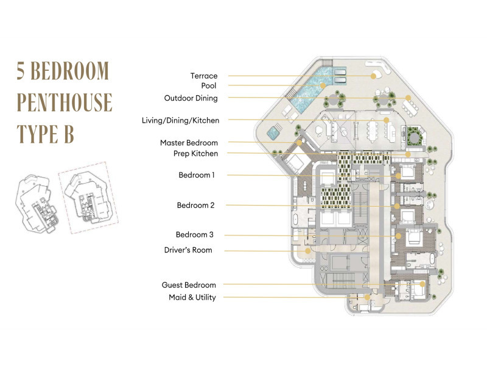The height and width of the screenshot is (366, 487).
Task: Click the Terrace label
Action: [204, 76]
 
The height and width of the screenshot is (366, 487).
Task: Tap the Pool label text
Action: [209, 85]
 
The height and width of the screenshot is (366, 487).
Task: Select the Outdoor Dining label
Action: [191, 98]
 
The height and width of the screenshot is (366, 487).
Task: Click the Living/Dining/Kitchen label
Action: [180, 120]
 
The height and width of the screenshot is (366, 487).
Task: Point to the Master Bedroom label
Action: [189, 143]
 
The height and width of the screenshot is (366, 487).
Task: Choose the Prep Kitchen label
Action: [195, 154]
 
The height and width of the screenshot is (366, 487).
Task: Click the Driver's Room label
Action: [188, 250]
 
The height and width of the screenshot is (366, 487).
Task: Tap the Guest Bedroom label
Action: [189, 285]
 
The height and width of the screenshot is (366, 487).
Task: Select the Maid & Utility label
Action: [192, 297]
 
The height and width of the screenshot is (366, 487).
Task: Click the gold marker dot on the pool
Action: [323, 85]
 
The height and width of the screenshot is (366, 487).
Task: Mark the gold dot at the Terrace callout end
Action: [373, 76]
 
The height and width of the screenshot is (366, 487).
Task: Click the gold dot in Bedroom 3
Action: [398, 236]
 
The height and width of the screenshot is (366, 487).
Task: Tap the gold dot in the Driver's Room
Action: [307, 251]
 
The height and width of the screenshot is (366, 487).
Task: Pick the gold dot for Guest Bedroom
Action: [422, 284]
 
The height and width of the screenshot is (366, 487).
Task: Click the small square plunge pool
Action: [273, 133]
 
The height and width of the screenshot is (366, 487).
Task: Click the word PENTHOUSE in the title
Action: [65, 102]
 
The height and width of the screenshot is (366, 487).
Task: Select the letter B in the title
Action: [69, 134]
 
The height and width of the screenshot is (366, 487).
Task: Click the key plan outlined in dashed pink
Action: [88, 198]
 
